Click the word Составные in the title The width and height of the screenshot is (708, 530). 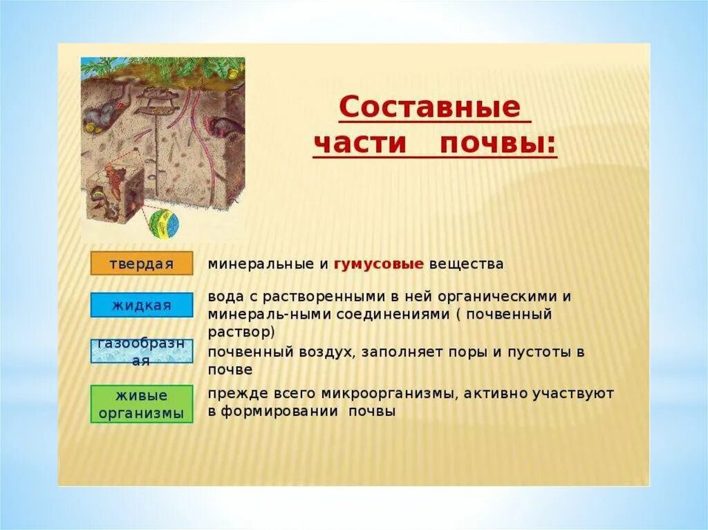430,107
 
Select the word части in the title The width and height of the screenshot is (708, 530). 360,144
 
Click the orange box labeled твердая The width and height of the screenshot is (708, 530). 142,264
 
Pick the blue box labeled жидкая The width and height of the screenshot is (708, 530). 142,305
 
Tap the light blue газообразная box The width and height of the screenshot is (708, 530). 142,352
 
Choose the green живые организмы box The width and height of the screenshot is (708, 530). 142,404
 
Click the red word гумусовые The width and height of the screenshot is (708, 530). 379,264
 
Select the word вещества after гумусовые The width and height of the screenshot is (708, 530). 466,264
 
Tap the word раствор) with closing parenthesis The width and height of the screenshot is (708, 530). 241,332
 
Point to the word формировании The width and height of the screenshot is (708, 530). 280,412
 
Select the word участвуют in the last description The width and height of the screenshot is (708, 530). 573,394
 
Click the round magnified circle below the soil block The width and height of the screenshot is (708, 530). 164,224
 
